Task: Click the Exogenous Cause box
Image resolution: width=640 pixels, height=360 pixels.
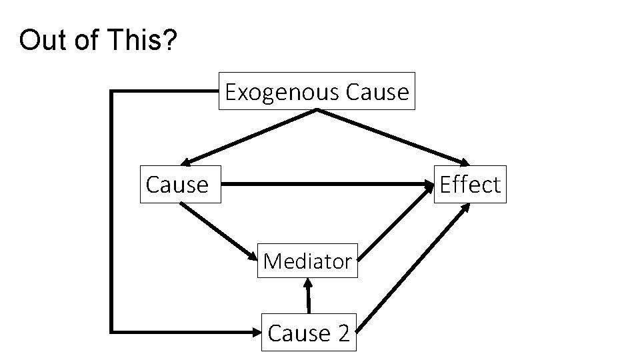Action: (317, 91)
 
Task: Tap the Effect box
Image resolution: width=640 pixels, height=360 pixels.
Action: (470, 184)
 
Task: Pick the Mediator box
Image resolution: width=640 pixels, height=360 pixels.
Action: (307, 261)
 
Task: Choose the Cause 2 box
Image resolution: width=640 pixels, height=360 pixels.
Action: (309, 332)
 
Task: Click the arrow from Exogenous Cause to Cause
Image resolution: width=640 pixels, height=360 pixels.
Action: (250, 136)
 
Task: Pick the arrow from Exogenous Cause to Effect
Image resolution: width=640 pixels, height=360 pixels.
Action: (393, 137)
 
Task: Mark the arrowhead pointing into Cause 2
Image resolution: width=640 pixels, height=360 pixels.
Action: (255, 331)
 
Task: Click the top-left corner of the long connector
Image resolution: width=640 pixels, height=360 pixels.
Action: (112, 92)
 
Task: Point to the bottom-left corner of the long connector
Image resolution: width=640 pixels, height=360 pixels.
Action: (112, 330)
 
